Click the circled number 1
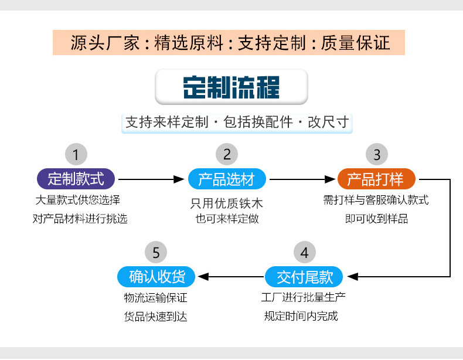click(76, 155)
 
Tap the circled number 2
click(227, 155)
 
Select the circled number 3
click(377, 155)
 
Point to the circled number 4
click(304, 253)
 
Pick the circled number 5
click(156, 253)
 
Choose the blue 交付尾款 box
click(304, 276)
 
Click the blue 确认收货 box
click(156, 276)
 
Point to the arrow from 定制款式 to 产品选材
click(151, 179)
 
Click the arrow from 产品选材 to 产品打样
click(302, 179)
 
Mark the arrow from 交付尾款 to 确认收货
click(230, 276)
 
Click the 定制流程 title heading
click(231, 87)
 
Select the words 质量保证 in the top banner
click(356, 42)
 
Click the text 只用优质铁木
click(227, 204)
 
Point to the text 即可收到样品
click(376, 219)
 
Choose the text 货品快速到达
click(156, 317)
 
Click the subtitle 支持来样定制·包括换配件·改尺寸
click(237, 123)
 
